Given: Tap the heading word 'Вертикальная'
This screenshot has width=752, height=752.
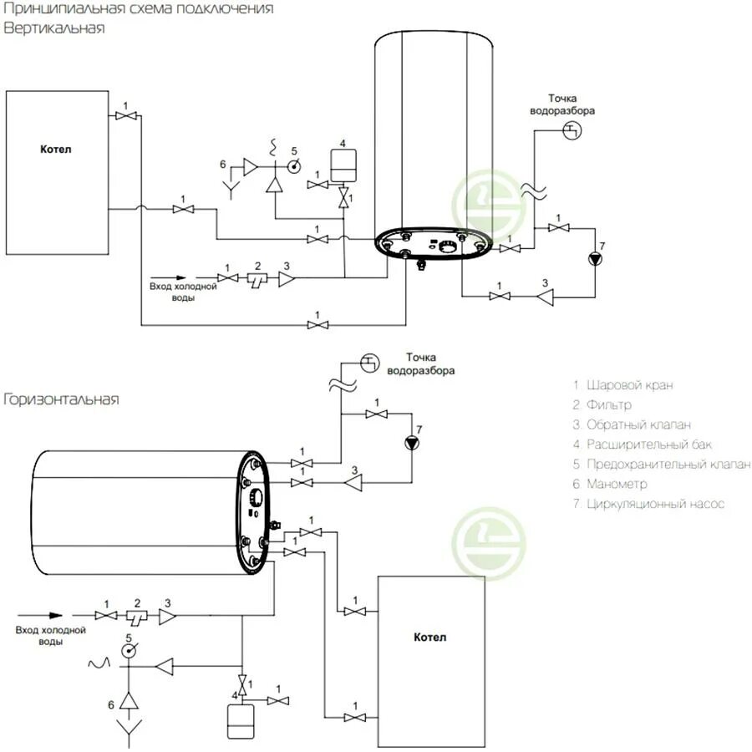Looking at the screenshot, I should coord(53,28).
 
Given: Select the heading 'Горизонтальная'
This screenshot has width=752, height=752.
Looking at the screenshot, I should coord(61,399).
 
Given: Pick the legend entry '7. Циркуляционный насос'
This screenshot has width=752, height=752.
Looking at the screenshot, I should coord(648,504).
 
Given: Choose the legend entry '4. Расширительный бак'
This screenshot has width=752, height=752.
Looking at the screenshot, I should coord(643,445).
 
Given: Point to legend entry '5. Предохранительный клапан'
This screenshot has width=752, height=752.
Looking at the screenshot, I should coord(661,465).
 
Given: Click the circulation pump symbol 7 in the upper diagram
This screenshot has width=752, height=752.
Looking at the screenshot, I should coord(594,257).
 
